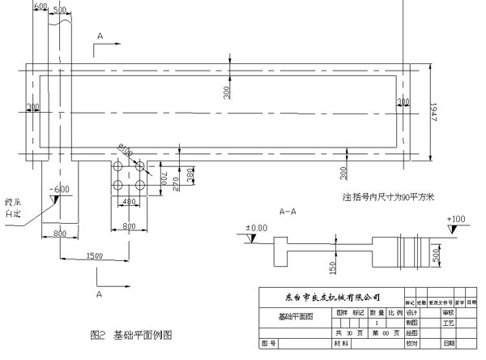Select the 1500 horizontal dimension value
click(94, 255)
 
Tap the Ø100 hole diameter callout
click(126, 149)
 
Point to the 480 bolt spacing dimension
click(127, 201)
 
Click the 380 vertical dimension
click(191, 174)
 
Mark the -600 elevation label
click(58, 190)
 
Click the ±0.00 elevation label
click(256, 229)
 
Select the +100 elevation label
click(458, 220)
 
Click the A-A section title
click(287, 212)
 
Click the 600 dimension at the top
click(40, 6)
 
